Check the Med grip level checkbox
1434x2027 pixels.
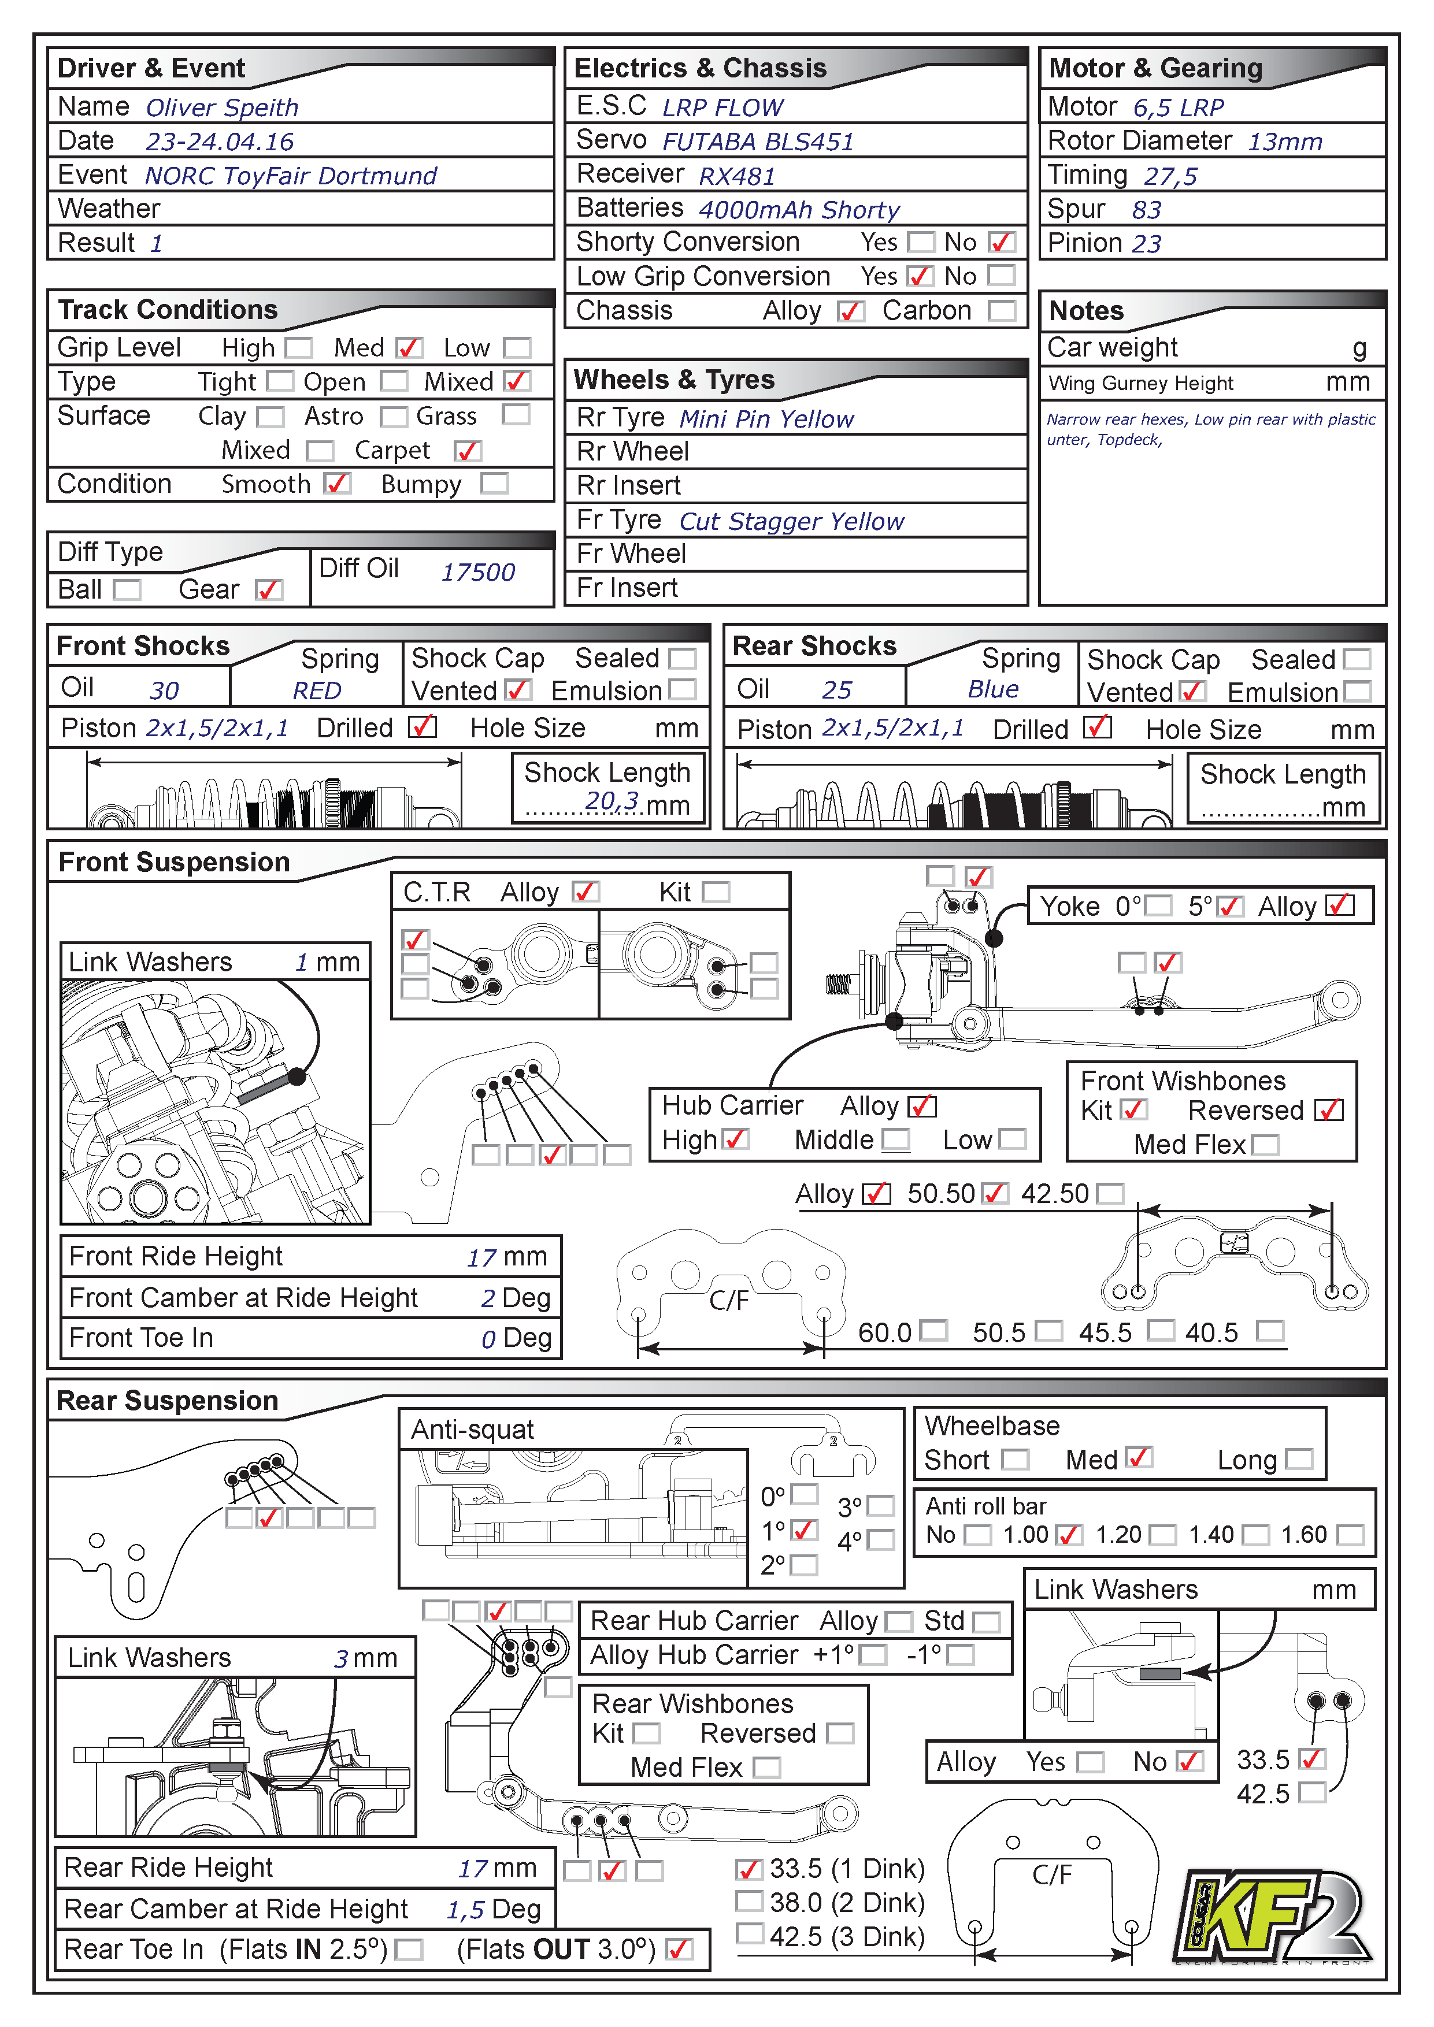[409, 348]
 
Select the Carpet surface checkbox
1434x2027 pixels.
[467, 451]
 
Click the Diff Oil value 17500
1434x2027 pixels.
[477, 572]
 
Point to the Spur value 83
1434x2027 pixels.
[1146, 210]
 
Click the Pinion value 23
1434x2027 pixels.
[1146, 244]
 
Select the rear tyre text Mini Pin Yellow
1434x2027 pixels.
[766, 419]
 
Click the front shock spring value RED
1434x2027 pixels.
[316, 690]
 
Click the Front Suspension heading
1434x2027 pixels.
[174, 863]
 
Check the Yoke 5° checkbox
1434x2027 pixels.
[1230, 907]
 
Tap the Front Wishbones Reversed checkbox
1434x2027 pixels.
[1329, 1110]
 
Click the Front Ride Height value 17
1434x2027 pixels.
[481, 1257]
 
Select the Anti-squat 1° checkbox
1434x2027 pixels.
[803, 1531]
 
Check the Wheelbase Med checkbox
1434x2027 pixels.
[1139, 1458]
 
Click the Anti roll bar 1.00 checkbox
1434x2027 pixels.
[1069, 1535]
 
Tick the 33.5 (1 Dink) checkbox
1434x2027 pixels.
[749, 1869]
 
